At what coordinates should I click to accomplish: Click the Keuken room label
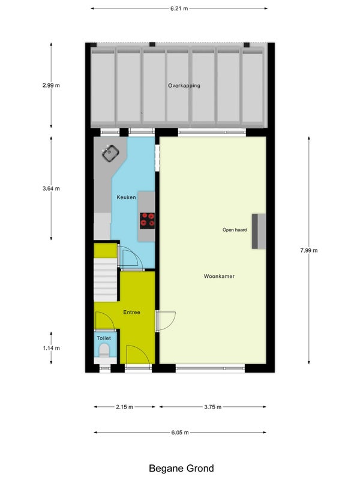pos(126,197)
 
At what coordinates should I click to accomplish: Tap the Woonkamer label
pos(219,276)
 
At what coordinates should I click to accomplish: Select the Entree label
pos(131,312)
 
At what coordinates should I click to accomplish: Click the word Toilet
pos(104,338)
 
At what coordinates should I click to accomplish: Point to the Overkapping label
pos(184,86)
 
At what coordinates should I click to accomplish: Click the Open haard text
pos(235,230)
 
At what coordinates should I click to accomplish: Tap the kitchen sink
pos(110,154)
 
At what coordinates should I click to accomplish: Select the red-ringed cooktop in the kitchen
pos(147,221)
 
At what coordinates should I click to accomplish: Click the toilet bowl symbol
pos(104,350)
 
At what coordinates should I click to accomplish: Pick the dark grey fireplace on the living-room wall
pos(259,231)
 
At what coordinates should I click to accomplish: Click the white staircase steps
pos(106,280)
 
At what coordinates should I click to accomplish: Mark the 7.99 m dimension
pos(309,250)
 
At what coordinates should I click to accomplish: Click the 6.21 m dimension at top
pos(179,8)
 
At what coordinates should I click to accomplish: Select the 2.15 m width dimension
pos(125,407)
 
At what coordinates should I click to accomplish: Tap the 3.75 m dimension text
pos(213,407)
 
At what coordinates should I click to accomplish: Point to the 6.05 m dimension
pos(180,433)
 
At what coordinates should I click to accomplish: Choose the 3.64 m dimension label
pos(51,188)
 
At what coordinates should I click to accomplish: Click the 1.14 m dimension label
pos(51,348)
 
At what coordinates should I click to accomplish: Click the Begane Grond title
pos(181,469)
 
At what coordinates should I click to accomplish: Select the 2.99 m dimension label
pos(51,85)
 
